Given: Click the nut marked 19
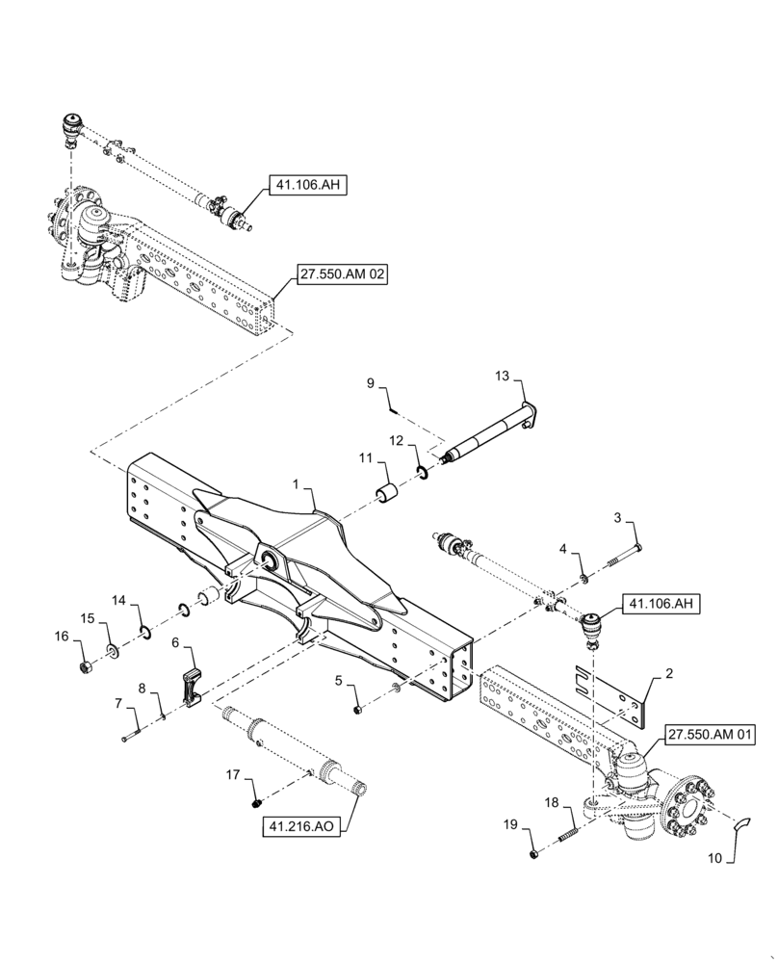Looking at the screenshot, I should pos(532,854).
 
